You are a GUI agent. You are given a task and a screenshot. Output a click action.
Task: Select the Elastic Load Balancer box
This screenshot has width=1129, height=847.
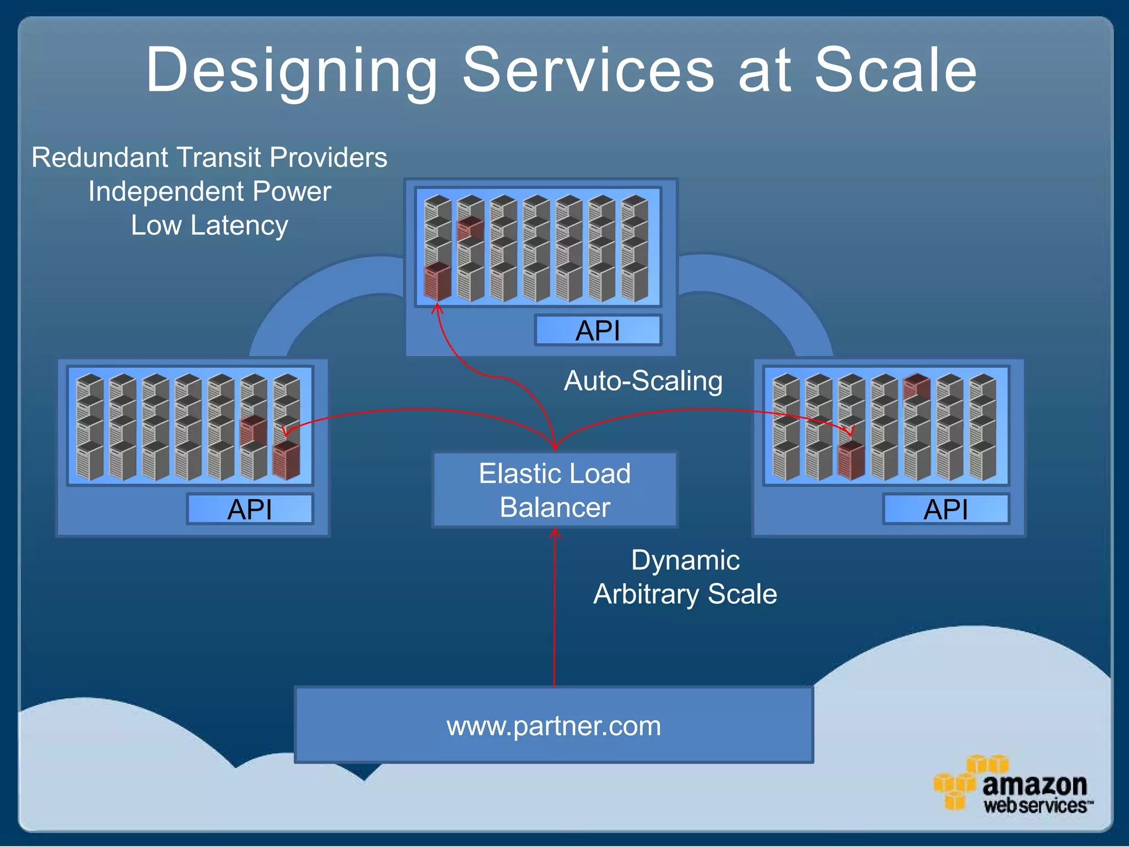click(x=555, y=490)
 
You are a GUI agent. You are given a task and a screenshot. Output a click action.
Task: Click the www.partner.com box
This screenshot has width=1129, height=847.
click(x=553, y=725)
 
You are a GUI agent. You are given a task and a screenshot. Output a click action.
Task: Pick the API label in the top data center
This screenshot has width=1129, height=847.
click(x=598, y=330)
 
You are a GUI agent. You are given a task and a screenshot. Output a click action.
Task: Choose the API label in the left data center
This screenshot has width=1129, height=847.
click(x=250, y=509)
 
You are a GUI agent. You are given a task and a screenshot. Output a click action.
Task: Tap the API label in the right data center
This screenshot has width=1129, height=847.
click(x=946, y=509)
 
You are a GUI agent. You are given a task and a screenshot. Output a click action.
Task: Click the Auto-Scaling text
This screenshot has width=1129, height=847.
click(x=643, y=380)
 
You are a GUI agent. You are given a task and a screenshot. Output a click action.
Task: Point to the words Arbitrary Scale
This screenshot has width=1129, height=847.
click(x=685, y=594)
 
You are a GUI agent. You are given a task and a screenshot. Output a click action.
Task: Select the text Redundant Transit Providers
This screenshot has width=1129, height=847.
click(x=209, y=157)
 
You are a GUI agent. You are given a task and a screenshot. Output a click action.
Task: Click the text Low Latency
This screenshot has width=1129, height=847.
click(x=209, y=225)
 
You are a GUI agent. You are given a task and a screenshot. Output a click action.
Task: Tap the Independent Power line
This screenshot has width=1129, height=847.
click(x=209, y=191)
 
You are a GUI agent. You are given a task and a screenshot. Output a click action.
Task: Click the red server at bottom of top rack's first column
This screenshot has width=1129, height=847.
click(x=437, y=281)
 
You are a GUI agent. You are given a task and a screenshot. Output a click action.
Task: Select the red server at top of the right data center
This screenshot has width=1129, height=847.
click(x=917, y=386)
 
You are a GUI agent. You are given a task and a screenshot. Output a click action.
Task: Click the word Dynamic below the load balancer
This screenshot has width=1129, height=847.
click(x=685, y=560)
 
